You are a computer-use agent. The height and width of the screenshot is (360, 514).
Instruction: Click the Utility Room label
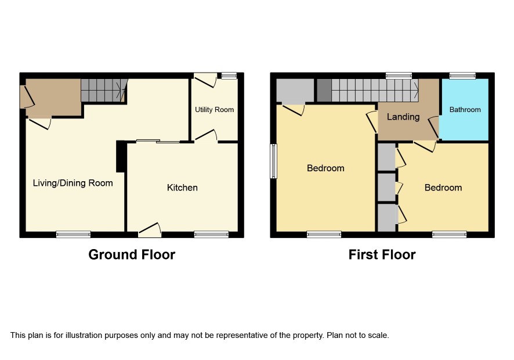coord(215,110)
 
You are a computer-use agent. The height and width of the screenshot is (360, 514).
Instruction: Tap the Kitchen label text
coord(182,188)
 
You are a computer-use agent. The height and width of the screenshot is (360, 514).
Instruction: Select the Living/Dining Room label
coord(73,183)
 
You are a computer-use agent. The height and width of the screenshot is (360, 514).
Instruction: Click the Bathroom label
coord(465,110)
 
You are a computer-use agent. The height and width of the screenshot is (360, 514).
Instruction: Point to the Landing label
coord(403,117)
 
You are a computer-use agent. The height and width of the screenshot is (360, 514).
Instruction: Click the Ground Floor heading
coord(132,255)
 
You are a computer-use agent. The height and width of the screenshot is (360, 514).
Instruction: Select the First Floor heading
coord(382,255)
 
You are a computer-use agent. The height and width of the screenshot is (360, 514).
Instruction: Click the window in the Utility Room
coord(229,76)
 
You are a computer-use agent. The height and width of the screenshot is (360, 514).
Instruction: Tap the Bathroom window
coord(462,76)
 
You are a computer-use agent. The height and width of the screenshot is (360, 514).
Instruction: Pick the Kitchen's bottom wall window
coord(211,235)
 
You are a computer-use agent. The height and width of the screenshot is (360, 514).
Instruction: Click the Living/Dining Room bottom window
coord(73,235)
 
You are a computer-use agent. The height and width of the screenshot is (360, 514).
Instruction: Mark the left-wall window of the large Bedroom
coord(273,161)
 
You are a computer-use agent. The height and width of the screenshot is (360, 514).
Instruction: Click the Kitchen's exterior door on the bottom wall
coord(150,231)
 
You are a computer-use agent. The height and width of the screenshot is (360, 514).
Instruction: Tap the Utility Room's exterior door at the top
coord(205,80)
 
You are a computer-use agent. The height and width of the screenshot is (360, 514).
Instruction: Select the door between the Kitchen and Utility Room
coord(206,136)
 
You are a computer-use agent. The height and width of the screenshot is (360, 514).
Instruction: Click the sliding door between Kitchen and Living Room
coord(158,142)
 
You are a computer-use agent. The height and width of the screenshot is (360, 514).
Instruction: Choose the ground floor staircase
coord(104,90)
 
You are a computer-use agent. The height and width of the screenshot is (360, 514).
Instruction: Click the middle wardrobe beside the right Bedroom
coord(387,187)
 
